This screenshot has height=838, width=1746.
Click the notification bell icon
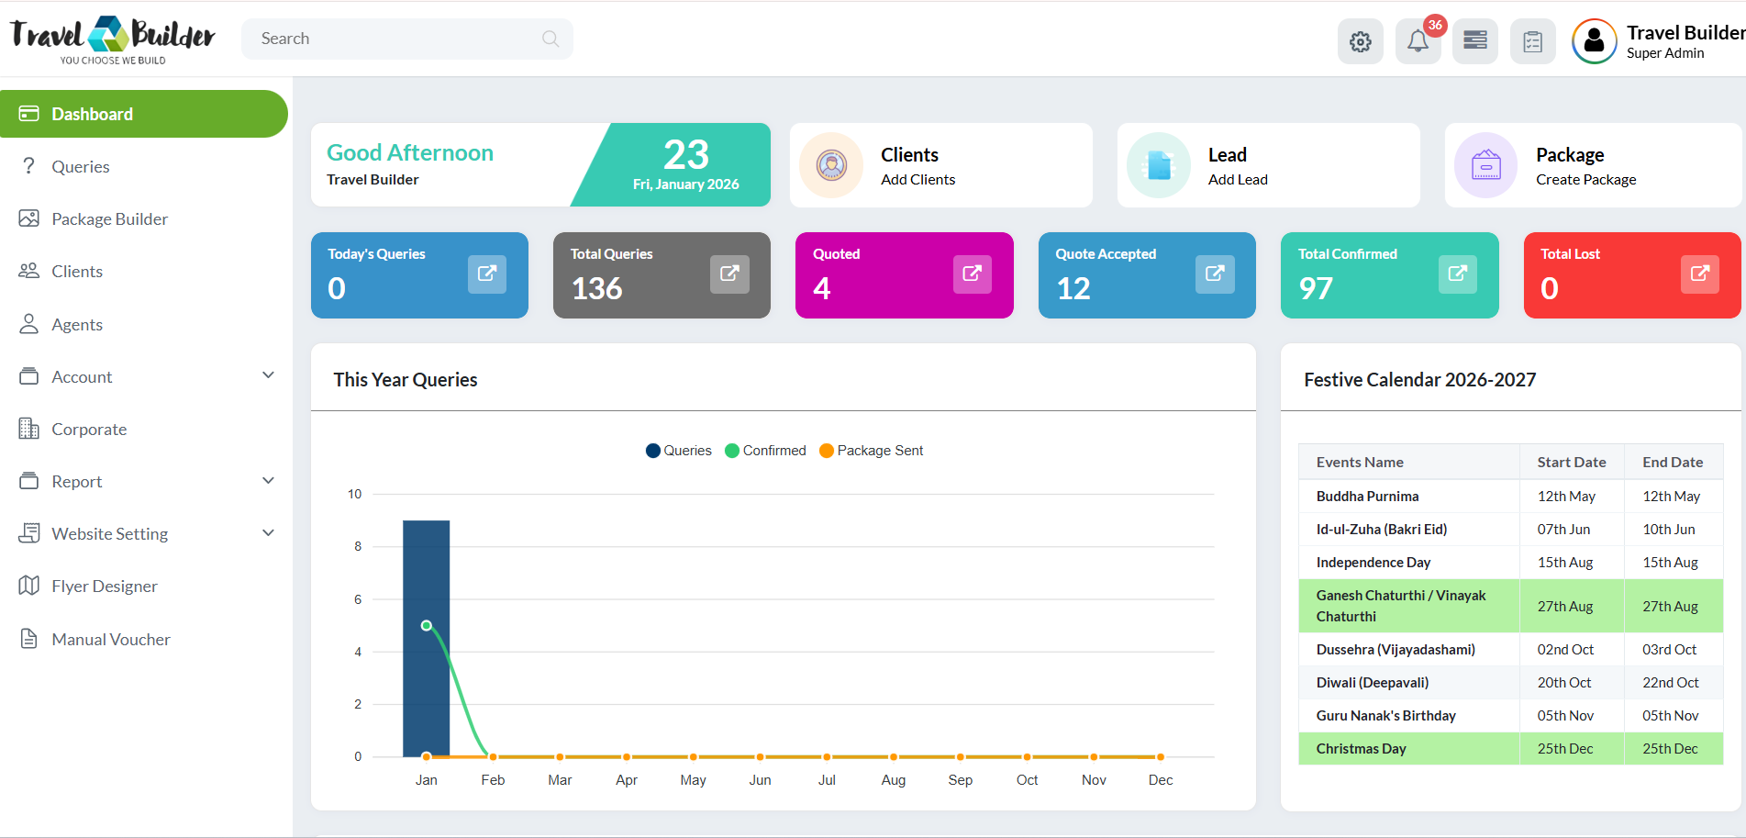coord(1418,41)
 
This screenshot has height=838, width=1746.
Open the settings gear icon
coord(1360,41)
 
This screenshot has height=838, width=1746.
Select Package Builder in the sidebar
coord(109,219)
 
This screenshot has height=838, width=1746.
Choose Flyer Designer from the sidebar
coord(104,587)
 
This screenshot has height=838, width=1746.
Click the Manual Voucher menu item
coord(110,640)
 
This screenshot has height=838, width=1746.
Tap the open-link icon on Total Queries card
coord(729,274)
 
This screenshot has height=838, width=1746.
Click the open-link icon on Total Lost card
coord(1699,274)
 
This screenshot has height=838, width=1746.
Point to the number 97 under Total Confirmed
coord(1316,289)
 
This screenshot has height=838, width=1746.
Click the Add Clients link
coord(917,180)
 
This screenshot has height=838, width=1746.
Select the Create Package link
coord(1585,180)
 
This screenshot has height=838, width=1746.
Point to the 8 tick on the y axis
coord(358,547)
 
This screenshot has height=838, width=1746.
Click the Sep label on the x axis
coord(960,780)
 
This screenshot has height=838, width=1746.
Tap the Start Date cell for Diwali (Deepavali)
coord(1564,683)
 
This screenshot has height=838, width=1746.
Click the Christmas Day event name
coord(1361,749)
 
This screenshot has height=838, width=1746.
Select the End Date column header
coord(1672,463)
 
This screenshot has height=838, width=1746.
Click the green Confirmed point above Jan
coord(427,626)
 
